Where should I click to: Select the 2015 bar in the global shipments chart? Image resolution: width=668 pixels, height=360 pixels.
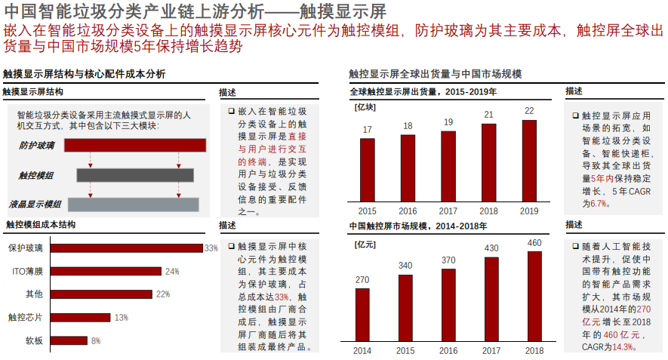point(367,170)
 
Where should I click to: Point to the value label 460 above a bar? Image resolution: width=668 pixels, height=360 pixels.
point(534,243)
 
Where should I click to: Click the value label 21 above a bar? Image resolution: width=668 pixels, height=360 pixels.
point(488,115)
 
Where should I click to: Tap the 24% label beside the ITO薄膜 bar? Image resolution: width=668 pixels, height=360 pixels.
point(172,271)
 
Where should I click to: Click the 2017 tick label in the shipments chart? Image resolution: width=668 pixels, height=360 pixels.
point(448,211)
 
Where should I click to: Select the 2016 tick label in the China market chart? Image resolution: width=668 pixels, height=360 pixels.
point(448,351)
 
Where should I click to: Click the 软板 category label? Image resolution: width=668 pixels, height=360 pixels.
point(35,341)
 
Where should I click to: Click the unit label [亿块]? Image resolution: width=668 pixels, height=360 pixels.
point(365,107)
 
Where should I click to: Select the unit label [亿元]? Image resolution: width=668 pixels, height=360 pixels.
point(365,245)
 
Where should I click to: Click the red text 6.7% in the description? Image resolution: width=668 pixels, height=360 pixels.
point(599,204)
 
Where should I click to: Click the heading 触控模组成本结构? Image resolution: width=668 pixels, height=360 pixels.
point(41,225)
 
